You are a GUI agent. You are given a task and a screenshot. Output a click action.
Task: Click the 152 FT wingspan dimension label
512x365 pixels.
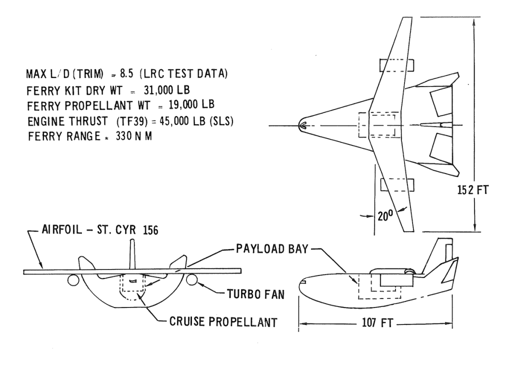pos(473,190)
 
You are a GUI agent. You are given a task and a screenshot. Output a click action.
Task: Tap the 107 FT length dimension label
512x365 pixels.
pos(377,322)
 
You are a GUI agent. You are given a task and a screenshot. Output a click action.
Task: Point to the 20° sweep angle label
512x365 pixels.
pos(385,216)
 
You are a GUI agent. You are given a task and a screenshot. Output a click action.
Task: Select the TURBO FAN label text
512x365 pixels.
pos(255,294)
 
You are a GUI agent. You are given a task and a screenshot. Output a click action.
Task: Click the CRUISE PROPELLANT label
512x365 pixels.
pos(223,322)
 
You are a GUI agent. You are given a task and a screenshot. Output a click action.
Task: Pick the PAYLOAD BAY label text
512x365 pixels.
pos(272,249)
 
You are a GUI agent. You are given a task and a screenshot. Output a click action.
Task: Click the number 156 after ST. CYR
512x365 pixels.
pos(150,230)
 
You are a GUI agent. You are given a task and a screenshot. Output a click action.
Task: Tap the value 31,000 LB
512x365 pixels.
pos(167,90)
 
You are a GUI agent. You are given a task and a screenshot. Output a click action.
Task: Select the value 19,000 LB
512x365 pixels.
pos(191,104)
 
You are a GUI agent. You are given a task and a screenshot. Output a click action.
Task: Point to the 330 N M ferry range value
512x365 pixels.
pos(134,136)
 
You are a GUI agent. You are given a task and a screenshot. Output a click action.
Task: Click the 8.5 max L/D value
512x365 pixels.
pos(126,74)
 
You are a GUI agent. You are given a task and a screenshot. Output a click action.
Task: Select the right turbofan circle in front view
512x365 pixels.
pos(192,280)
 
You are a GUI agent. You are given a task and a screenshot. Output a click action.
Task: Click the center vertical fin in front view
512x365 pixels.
pos(132,255)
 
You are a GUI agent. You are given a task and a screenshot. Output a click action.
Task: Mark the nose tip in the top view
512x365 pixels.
pos(299,125)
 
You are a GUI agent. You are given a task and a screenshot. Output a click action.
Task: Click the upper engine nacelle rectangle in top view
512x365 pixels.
pos(396,65)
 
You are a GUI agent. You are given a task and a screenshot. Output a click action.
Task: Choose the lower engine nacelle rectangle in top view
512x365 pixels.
pos(397,185)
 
